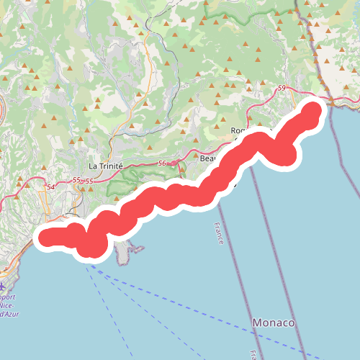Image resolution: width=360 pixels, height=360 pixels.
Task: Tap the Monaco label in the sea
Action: [x=274, y=323]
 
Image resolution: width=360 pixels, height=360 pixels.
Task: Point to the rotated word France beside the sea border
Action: [x=218, y=233]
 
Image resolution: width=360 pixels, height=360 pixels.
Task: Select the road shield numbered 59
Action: [x=281, y=89]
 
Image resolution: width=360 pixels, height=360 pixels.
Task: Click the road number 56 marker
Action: [x=162, y=163]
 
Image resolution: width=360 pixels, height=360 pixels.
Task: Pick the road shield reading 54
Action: [x=50, y=188]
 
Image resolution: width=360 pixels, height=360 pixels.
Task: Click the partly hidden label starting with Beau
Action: [x=207, y=158]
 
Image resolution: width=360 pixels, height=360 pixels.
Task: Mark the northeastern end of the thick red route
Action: [x=312, y=113]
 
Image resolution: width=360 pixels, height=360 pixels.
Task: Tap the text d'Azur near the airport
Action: [x=10, y=315]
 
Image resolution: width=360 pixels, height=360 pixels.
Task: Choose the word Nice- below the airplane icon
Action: [x=9, y=306]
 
